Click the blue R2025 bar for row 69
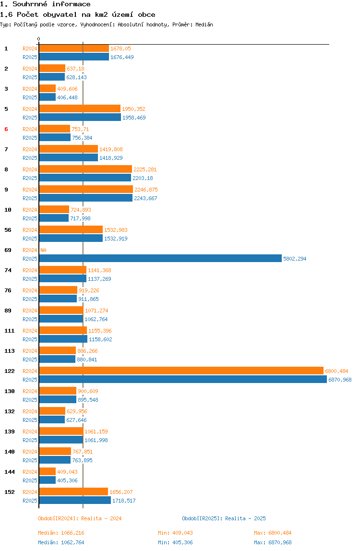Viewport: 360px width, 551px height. click(x=160, y=259)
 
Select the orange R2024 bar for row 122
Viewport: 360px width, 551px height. click(x=181, y=371)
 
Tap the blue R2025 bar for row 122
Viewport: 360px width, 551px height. click(x=183, y=380)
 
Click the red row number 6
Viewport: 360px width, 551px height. click(x=6, y=129)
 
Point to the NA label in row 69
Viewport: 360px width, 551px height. click(x=44, y=250)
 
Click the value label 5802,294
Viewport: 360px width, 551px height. click(x=295, y=259)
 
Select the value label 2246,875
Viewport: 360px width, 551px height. click(x=146, y=190)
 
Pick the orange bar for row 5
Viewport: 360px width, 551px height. click(x=80, y=108)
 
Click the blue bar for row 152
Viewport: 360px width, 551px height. click(x=75, y=501)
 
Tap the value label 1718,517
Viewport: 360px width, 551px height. click(x=124, y=501)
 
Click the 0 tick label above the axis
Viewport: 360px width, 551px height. click(x=39, y=39)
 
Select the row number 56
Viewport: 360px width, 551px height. click(x=8, y=230)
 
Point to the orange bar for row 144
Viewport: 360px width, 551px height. click(x=48, y=471)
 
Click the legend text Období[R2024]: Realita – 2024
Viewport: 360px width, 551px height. click(x=80, y=518)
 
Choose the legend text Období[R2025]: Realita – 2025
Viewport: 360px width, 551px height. click(x=224, y=518)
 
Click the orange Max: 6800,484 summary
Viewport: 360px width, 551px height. click(x=273, y=533)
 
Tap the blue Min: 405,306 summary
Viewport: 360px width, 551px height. click(x=175, y=542)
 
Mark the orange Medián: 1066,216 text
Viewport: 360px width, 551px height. click(x=61, y=533)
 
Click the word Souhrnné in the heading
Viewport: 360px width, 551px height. click(x=30, y=4)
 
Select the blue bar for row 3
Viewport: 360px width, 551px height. click(x=48, y=97)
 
